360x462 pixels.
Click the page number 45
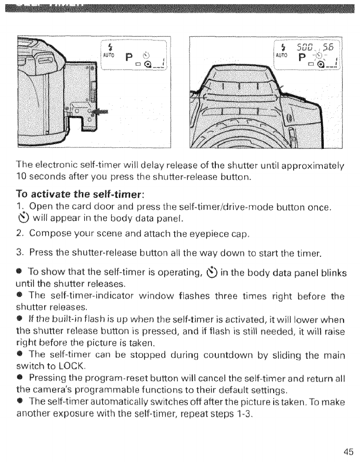pos(347,451)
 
